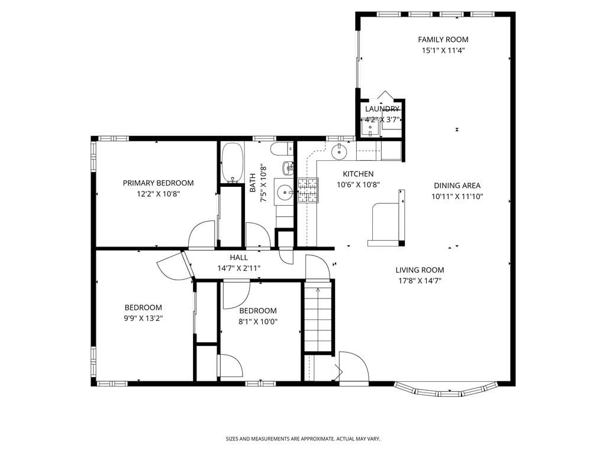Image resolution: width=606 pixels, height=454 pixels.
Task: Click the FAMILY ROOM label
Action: coord(443,40)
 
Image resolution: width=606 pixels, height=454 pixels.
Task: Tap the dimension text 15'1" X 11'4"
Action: coord(443,51)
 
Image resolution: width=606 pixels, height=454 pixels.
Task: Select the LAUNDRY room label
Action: coord(382,109)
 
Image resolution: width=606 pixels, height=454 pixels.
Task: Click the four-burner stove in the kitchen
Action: coord(308,190)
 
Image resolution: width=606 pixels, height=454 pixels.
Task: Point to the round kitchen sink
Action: coord(339,152)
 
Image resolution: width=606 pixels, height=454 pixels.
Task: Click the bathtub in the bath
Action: coord(231,163)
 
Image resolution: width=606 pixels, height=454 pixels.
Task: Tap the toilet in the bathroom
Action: coord(281,148)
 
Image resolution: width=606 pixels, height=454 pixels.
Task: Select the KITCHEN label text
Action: coord(358,174)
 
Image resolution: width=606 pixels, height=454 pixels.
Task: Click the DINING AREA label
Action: coord(457,185)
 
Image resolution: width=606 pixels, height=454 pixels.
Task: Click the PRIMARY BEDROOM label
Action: coord(158,183)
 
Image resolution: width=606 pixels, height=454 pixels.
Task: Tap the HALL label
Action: coord(238,258)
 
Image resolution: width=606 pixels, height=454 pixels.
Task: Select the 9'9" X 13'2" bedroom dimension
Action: coord(143,318)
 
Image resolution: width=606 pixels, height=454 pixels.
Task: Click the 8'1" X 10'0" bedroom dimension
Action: coord(257,322)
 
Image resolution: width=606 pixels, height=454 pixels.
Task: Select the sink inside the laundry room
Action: coord(371,125)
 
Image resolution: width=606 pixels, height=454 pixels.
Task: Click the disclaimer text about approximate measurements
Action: coord(303,439)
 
